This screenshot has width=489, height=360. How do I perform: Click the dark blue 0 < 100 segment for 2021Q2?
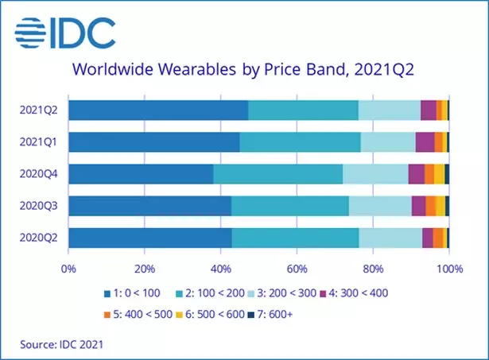point(158,110)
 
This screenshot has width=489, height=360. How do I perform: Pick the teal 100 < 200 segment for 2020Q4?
point(277,174)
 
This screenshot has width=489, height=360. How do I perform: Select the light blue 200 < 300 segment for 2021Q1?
point(388,142)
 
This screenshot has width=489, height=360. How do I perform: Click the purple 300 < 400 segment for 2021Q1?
point(425,142)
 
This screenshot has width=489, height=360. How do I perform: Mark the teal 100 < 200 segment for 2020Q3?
point(289,206)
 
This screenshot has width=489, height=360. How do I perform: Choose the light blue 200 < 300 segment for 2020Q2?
point(390,238)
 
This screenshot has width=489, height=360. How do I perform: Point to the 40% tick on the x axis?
point(220,268)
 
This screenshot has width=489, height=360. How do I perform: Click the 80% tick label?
point(373,268)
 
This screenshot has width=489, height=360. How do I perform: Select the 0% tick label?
point(68,268)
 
